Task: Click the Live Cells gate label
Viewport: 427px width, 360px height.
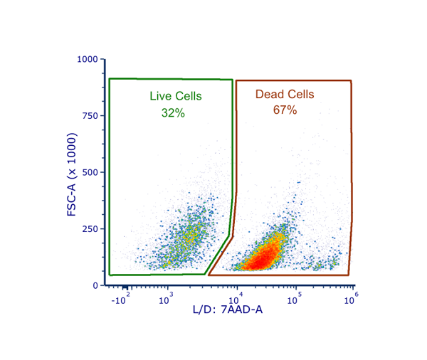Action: [176, 96]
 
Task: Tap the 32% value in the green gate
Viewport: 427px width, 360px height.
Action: [173, 112]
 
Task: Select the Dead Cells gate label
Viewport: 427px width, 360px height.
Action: [285, 94]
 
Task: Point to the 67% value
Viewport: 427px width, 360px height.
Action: [285, 110]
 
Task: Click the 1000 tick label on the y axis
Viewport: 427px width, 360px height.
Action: [88, 59]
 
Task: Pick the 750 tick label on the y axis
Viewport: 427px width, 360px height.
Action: [91, 115]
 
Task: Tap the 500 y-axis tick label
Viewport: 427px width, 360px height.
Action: [91, 172]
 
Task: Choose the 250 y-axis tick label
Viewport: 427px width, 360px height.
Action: [91, 228]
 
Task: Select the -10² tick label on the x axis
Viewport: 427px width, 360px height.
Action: [119, 299]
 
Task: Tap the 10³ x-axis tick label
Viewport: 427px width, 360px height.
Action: [167, 300]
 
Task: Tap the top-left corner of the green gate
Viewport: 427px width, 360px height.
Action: [109, 79]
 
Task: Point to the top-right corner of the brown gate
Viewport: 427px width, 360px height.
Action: [351, 81]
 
